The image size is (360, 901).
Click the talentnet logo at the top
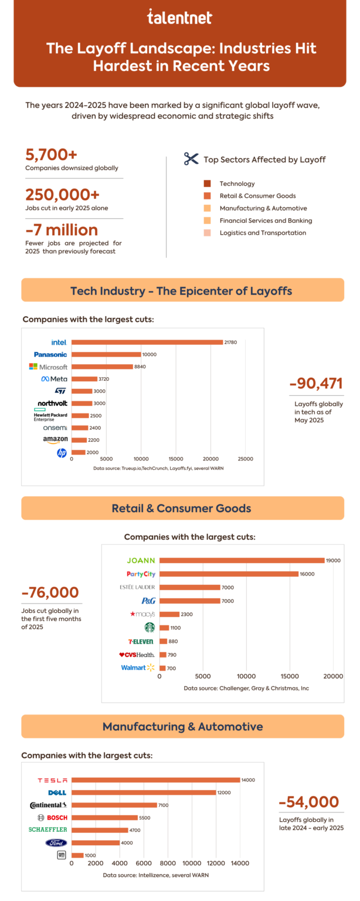[179, 18]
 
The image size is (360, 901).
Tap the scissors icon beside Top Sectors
[191, 159]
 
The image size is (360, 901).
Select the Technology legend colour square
[207, 184]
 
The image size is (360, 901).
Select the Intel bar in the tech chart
[147, 342]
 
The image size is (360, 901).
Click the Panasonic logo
[50, 354]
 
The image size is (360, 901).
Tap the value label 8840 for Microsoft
[141, 367]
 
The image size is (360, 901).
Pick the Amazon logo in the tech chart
[55, 439]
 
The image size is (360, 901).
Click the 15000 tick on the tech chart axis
[175, 459]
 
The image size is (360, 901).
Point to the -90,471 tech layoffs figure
[315, 384]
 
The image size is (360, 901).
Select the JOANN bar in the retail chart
[242, 560]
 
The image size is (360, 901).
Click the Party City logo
[141, 574]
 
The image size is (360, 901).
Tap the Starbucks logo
[150, 627]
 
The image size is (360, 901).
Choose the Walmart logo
[138, 668]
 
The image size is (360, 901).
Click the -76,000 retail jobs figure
[50, 592]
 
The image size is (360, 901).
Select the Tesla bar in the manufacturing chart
[156, 780]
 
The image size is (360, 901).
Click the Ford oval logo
[56, 842]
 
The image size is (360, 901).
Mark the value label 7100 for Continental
[163, 805]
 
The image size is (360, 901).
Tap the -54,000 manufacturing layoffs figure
[308, 802]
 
